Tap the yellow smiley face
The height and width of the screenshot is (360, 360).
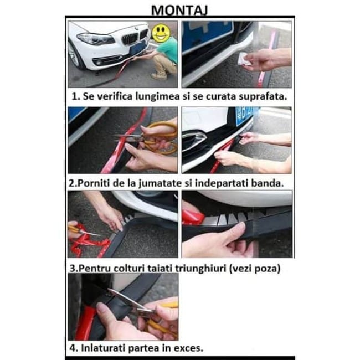(160, 32)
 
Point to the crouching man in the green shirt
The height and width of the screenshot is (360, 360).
(164, 56)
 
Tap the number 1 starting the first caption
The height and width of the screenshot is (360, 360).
(74, 96)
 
